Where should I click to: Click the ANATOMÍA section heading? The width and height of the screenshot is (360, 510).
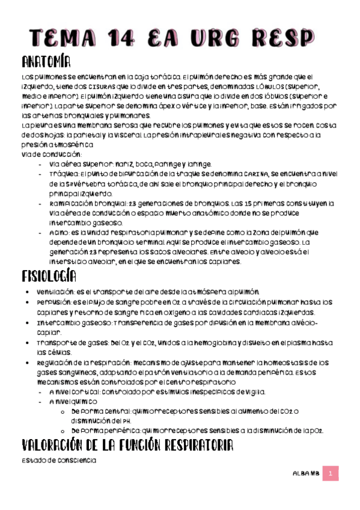tap(45, 62)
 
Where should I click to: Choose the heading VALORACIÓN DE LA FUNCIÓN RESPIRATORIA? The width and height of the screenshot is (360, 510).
tap(126, 446)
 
